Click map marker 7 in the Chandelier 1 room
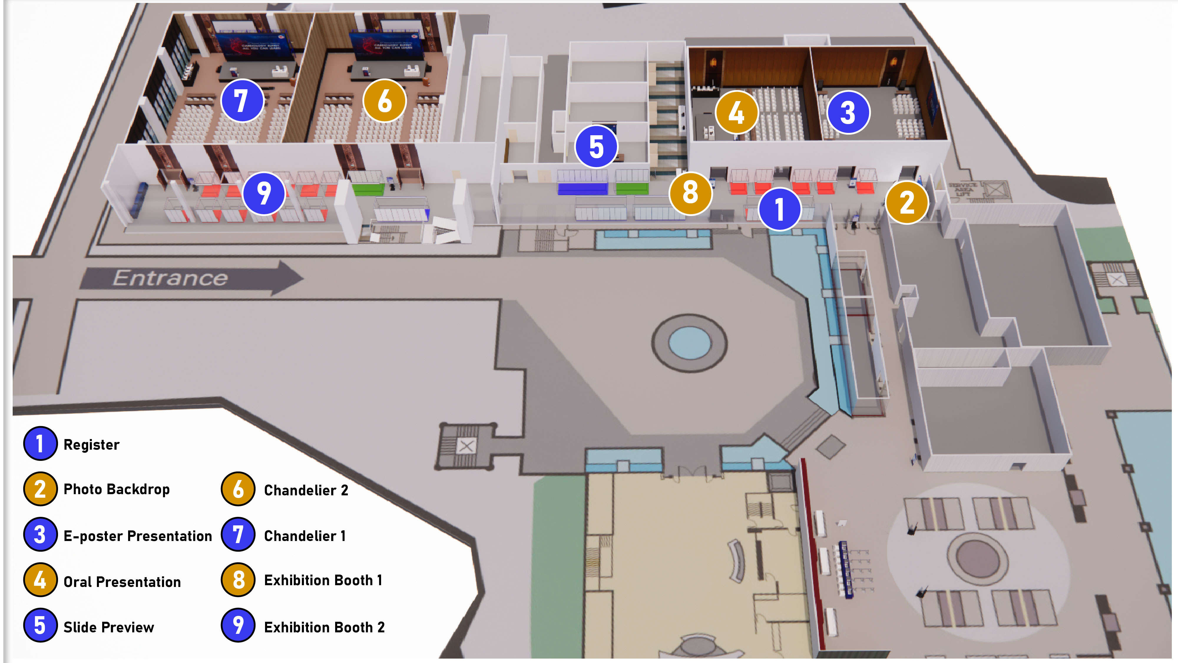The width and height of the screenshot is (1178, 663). click(242, 101)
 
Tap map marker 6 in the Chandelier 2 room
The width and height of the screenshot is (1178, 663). click(384, 101)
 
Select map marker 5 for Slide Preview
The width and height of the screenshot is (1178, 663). click(596, 146)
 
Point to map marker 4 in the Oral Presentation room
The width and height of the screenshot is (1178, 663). click(736, 112)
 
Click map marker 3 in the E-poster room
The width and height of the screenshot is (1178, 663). click(848, 112)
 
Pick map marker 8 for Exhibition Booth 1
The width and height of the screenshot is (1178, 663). click(690, 193)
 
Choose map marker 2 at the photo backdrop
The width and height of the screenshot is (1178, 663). click(907, 202)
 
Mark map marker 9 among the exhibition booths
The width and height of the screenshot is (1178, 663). click(264, 193)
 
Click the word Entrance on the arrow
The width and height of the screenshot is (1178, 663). click(170, 278)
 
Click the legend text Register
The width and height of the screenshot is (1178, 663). click(92, 445)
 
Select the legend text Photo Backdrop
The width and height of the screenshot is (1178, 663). click(117, 489)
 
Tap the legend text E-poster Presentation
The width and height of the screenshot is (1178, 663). click(138, 536)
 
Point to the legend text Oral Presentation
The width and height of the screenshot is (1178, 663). click(122, 582)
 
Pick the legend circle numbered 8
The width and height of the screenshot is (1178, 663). click(238, 580)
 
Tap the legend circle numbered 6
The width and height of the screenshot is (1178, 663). click(238, 489)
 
